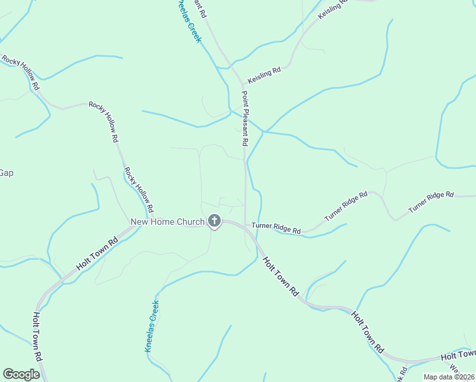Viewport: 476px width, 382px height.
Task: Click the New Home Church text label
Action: click(167, 222)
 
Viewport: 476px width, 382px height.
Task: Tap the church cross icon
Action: click(214, 221)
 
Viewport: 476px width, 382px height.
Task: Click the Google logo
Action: click(21, 374)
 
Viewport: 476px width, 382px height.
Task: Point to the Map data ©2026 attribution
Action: click(449, 377)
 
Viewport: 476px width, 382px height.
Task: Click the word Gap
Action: click(6, 173)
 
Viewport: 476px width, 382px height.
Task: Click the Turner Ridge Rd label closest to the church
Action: click(276, 227)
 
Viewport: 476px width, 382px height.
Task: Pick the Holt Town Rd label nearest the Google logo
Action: click(38, 337)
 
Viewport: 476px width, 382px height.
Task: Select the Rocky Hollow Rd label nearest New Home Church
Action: click(139, 190)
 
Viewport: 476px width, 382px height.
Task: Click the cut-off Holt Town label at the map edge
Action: click(458, 354)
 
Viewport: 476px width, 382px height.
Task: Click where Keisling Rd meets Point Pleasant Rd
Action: click(243, 83)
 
